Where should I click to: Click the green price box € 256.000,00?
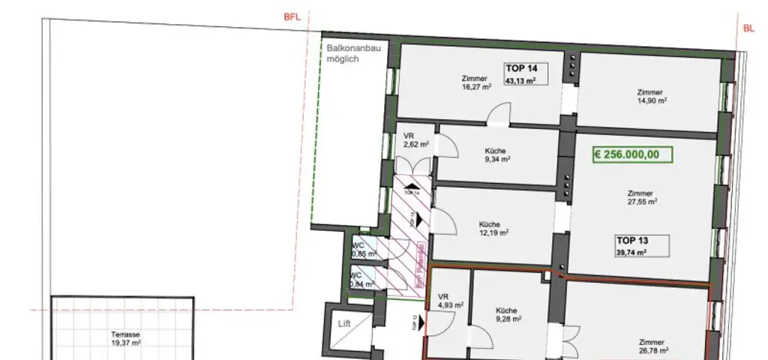[632, 155]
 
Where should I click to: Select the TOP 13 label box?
[641, 246]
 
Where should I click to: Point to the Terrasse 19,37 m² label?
[126, 338]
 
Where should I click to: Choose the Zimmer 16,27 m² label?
[476, 82]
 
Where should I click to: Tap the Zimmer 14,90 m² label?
[651, 97]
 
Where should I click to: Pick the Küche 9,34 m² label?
[496, 154]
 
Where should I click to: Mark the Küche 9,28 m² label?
[508, 314]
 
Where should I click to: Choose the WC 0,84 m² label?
[361, 280]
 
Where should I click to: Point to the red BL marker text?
[748, 29]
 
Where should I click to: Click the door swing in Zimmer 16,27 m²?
[497, 115]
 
